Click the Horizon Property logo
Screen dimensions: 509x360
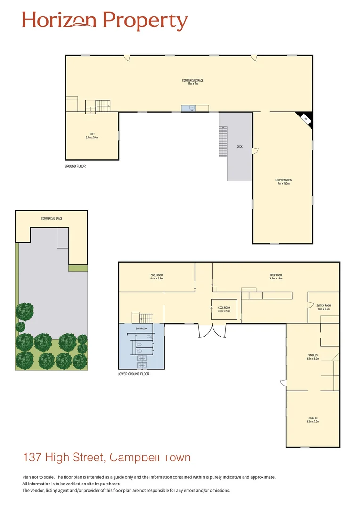click(x=105, y=21)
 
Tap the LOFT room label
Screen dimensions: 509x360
click(x=92, y=134)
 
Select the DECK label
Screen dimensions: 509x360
click(x=239, y=147)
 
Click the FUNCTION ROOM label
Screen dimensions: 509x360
click(x=287, y=180)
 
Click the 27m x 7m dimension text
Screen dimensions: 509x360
click(x=193, y=84)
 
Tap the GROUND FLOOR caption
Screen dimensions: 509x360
click(x=75, y=166)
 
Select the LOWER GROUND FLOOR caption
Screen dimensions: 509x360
click(x=133, y=374)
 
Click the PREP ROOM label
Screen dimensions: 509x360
click(x=276, y=275)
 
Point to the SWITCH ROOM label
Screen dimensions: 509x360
click(x=324, y=306)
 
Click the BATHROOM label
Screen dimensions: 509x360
click(x=141, y=328)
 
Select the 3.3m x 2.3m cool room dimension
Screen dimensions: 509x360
click(x=224, y=311)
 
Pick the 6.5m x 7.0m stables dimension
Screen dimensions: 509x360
click(x=312, y=422)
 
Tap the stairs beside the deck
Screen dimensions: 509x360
click(x=223, y=141)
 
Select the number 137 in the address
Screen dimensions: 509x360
click(x=33, y=457)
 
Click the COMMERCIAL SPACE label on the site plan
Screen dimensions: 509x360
click(x=52, y=218)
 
